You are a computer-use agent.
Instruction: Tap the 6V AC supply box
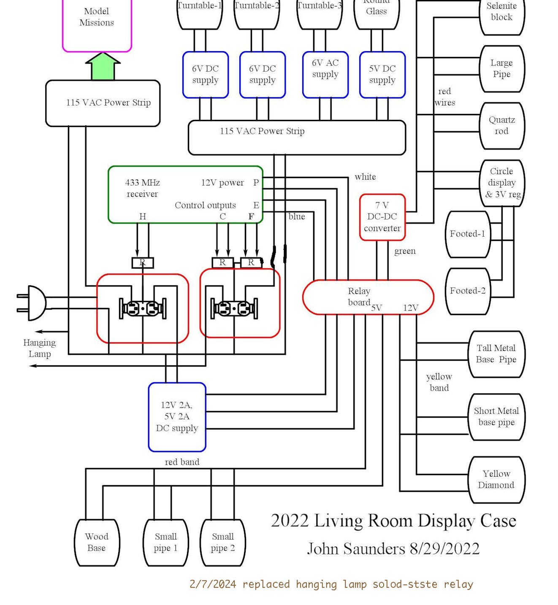pos(325,75)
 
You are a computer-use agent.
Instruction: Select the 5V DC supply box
pos(382,75)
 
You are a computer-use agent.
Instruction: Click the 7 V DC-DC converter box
pos(382,217)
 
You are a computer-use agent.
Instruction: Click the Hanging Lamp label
pos(39,348)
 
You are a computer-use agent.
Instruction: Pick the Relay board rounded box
pos(368,297)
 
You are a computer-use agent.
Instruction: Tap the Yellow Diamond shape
pos(496,480)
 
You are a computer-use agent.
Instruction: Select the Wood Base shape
pos(97,543)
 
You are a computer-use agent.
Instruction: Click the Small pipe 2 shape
pos(223,543)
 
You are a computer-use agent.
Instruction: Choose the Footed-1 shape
pos(468,234)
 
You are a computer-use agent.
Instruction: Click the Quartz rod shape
pos(502,126)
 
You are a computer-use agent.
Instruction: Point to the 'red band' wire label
pos(182,462)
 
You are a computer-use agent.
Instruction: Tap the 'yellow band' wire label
pos(439,382)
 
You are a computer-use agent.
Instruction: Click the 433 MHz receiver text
pos(142,188)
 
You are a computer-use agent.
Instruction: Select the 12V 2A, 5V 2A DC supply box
pos(177,417)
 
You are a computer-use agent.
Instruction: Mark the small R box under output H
pos(143,263)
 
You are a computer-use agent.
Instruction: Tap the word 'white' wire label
pos(365,177)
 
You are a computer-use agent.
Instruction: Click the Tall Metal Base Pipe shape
pos(496,354)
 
